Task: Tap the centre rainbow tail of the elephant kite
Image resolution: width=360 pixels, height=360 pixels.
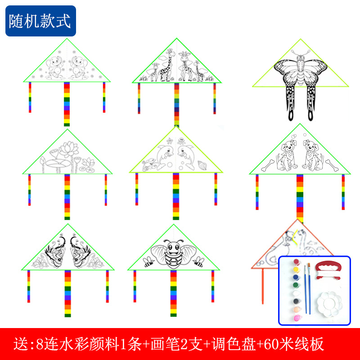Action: [67, 103]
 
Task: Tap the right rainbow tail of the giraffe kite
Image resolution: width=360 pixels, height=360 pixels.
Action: [215, 98]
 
